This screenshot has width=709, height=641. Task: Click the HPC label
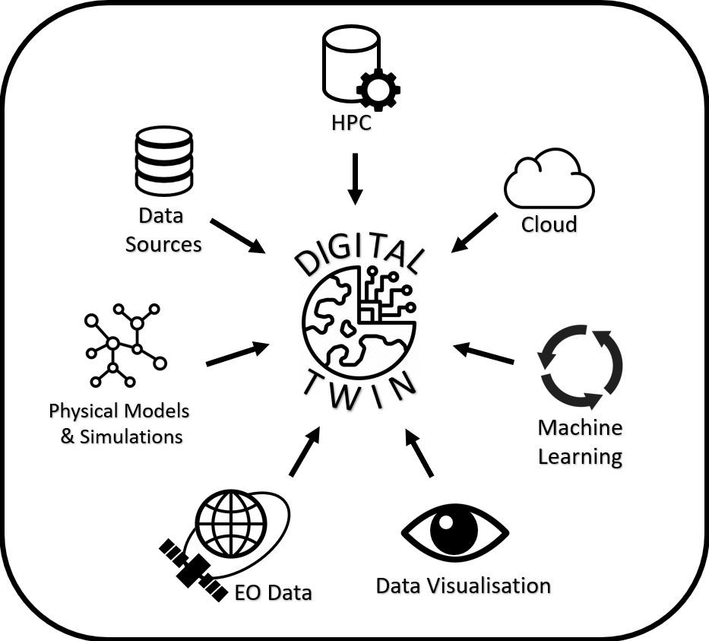coord(351,123)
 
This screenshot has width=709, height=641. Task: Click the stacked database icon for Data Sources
coord(163,160)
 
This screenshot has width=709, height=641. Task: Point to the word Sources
coord(163,244)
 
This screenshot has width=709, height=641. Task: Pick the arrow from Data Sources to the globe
coord(237,236)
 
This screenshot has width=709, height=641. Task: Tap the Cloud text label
coord(549,225)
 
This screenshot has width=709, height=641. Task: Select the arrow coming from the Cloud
coord(474,232)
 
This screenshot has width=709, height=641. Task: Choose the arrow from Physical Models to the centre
coord(237,354)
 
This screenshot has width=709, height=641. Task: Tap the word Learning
coord(580,457)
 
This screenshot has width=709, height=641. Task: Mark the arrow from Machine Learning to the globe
coord(484,354)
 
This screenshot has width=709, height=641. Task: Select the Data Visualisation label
coord(464,586)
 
